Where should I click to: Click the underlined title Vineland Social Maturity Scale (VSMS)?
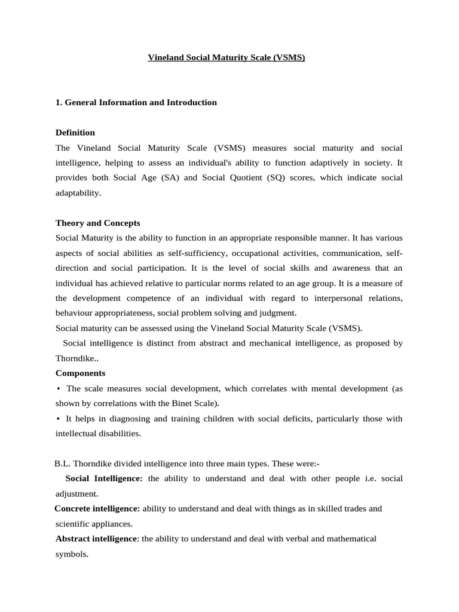pos(227,59)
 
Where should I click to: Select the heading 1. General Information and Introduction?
pos(136,102)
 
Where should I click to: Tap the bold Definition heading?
pos(75,132)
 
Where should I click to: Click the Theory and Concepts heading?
pos(98,223)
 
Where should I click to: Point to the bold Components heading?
pos(80,373)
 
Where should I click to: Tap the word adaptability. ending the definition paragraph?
pos(78,193)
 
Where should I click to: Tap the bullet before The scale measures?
pos(59,388)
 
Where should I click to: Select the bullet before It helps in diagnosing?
pos(59,418)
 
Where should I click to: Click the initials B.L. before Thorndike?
pos(62,463)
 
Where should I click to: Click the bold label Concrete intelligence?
pos(97,509)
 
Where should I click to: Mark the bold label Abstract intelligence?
pos(96,538)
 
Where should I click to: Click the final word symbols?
pos(71,554)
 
